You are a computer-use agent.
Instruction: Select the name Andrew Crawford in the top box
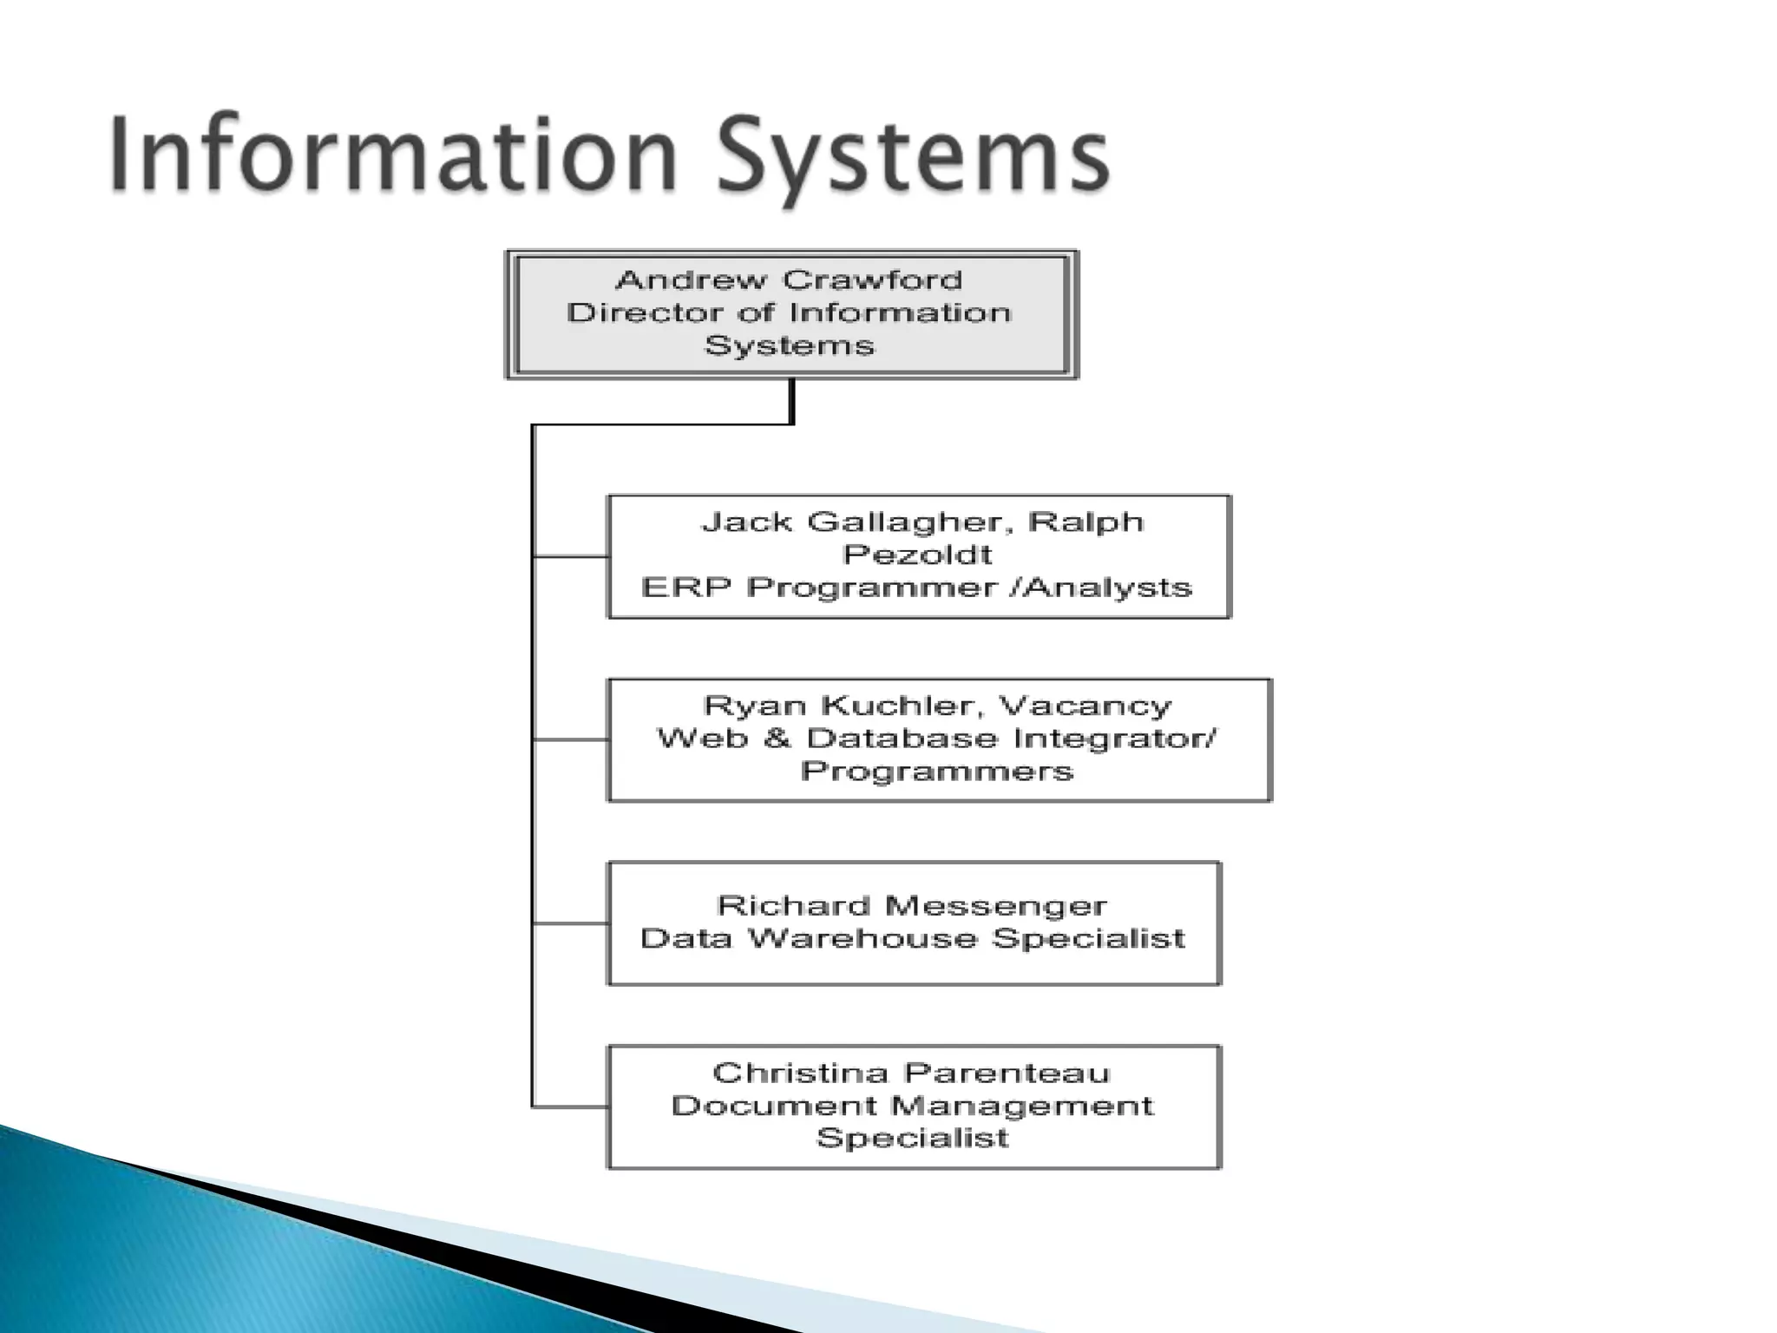point(789,280)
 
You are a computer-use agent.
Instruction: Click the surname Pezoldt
point(917,555)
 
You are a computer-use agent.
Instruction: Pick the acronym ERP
point(685,588)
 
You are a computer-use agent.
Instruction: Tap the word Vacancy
point(1084,706)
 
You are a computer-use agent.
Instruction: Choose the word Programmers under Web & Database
point(937,771)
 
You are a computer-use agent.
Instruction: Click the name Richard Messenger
point(912,906)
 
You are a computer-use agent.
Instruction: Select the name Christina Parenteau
point(911,1074)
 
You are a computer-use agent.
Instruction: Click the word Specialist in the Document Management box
point(913,1138)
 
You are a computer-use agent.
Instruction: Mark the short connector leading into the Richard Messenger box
point(570,923)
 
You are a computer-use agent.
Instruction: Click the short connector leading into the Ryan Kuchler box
point(570,739)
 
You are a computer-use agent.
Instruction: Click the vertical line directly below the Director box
point(791,401)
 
